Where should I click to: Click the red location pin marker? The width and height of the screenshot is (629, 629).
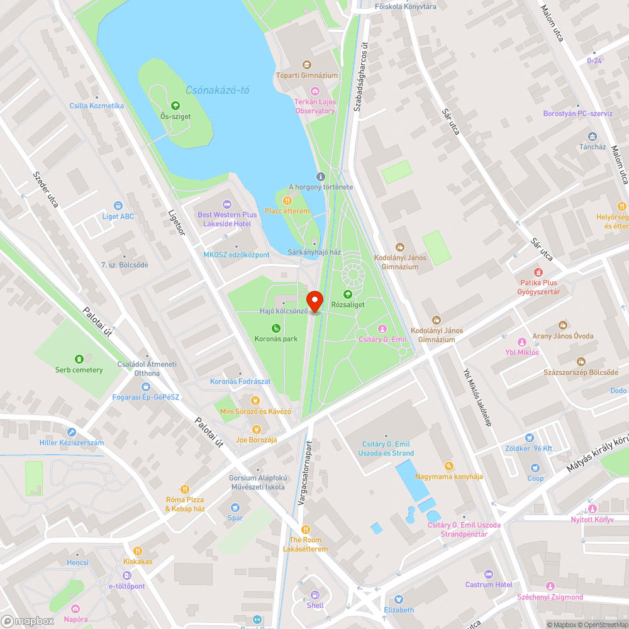(x=314, y=300)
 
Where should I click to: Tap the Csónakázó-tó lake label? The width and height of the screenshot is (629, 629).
(x=218, y=90)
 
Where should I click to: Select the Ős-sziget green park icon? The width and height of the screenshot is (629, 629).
(x=175, y=106)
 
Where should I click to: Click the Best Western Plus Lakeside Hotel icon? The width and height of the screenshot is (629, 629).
(x=226, y=204)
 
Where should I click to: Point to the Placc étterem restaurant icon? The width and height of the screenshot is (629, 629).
(x=287, y=201)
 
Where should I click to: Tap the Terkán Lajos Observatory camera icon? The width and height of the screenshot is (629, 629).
(x=315, y=92)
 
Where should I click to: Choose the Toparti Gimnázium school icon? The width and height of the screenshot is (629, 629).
(x=306, y=65)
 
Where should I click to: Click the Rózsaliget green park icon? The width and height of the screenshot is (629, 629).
(x=347, y=294)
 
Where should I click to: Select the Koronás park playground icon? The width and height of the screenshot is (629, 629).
(x=276, y=328)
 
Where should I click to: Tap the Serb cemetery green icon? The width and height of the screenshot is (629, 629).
(x=79, y=359)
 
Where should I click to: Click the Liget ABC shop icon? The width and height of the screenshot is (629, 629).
(x=118, y=206)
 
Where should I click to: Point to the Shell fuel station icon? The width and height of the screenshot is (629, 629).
(x=315, y=594)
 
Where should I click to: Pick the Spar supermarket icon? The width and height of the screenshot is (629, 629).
(x=235, y=508)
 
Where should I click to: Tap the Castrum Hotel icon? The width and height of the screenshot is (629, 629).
(x=489, y=574)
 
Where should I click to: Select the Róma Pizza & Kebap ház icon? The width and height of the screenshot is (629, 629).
(x=185, y=489)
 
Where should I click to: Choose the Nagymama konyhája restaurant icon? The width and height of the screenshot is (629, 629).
(x=448, y=466)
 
